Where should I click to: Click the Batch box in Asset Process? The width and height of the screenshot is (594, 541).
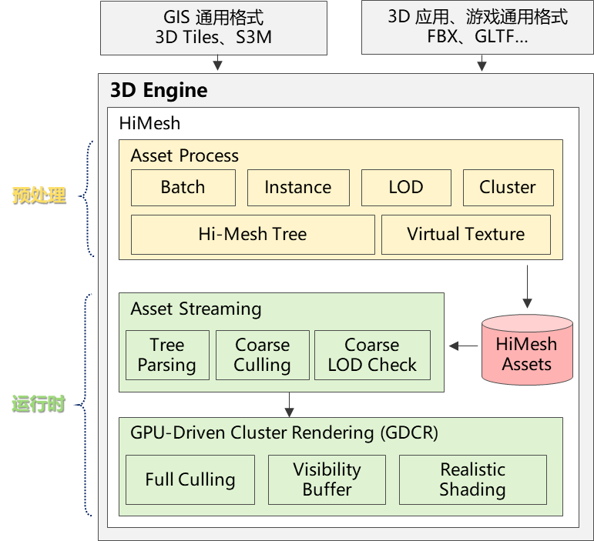tap(183, 188)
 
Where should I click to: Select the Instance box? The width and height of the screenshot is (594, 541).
tap(297, 188)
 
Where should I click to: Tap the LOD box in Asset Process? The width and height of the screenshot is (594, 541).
tap(405, 188)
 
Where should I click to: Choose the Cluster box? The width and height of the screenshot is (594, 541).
tap(507, 188)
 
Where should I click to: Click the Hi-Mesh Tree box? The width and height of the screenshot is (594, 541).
tap(252, 235)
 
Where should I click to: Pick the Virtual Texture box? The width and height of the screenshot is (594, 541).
tap(465, 235)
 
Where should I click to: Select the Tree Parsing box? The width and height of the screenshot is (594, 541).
tap(167, 355)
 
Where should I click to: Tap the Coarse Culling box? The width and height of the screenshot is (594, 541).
tap(262, 355)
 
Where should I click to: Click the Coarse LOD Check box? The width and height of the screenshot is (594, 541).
tap(372, 355)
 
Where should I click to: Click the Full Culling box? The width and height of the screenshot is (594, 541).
tap(190, 479)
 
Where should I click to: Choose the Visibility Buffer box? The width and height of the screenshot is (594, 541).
tap(327, 479)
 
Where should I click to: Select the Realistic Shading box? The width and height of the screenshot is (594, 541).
tap(472, 479)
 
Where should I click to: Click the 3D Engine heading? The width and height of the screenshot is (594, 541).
tap(159, 90)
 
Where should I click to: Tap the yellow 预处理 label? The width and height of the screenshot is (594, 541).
tap(39, 195)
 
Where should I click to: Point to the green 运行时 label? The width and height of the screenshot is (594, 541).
tap(38, 403)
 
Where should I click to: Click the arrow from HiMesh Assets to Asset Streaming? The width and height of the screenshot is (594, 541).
tap(463, 346)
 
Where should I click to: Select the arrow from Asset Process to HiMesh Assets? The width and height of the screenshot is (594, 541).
tap(527, 286)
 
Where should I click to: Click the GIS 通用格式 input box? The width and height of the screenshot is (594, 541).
tap(218, 27)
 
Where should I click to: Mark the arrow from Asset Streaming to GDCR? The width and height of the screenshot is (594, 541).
tap(289, 404)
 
